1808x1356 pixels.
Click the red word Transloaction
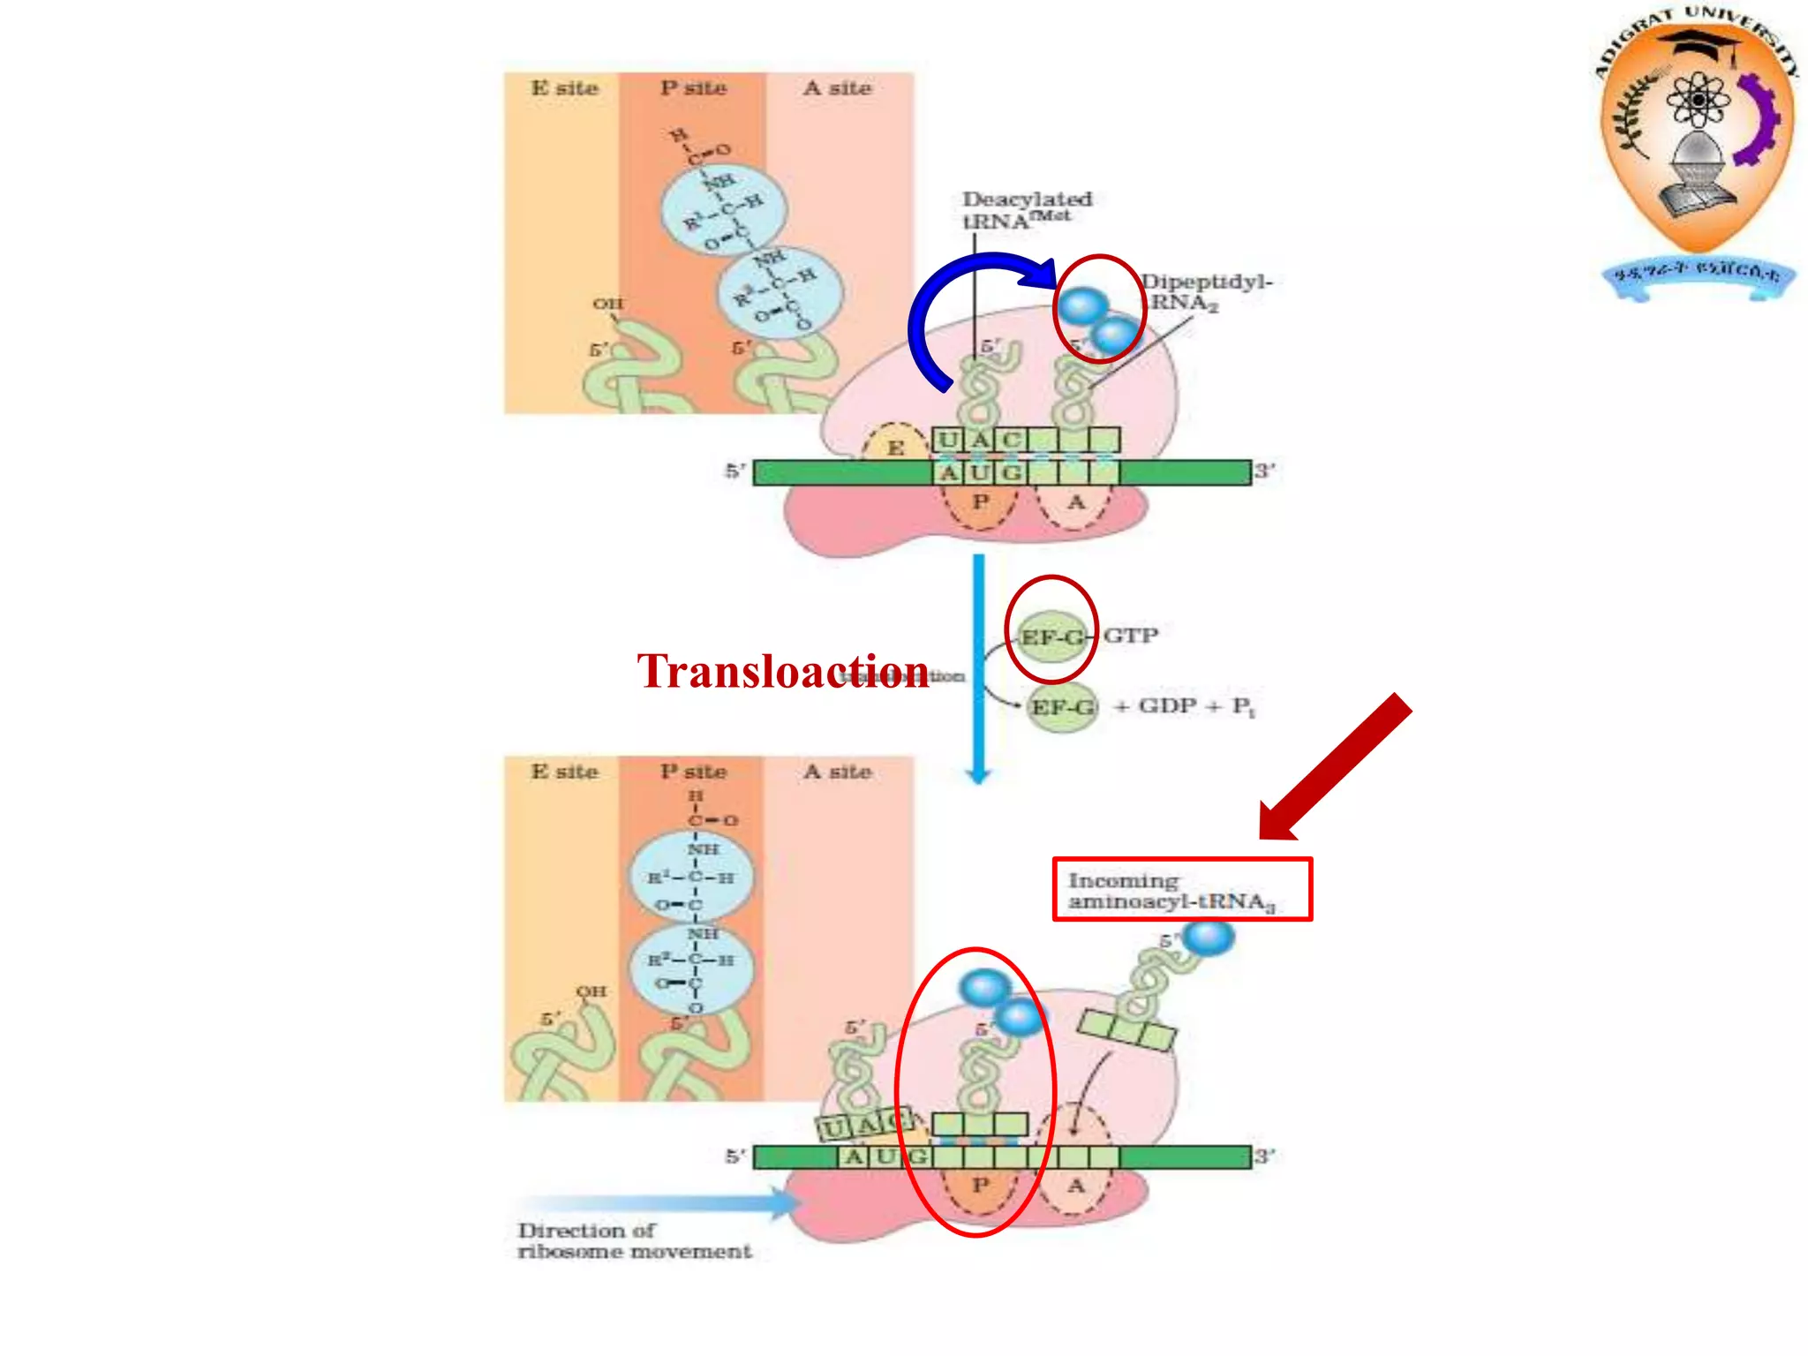coord(782,671)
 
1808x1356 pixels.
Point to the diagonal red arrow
coord(1333,768)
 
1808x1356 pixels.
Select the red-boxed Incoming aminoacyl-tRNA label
coord(1182,890)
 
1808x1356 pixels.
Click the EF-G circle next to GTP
coord(1050,637)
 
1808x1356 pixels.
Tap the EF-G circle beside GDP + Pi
coord(1063,707)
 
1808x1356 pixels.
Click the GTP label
coord(1131,636)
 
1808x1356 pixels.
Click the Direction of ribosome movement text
coord(634,1240)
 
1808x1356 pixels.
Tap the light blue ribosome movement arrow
coord(662,1203)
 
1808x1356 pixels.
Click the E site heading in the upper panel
coord(565,88)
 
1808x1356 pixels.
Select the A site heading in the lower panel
coord(837,772)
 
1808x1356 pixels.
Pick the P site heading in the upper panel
coord(694,88)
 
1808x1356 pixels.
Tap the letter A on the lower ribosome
coord(1075,1186)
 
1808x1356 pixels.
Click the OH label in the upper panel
coord(607,304)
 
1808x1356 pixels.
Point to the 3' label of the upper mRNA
coord(1265,471)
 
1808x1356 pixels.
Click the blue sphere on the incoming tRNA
coord(1208,938)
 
